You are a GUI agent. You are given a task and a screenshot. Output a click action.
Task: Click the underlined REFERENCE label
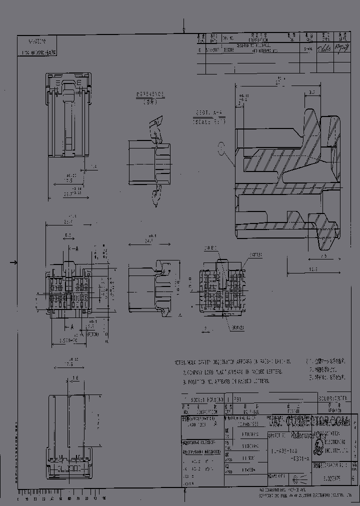(150, 94)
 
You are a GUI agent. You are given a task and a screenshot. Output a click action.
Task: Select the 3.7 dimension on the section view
(310, 92)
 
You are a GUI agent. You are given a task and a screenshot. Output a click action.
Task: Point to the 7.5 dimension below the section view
(324, 256)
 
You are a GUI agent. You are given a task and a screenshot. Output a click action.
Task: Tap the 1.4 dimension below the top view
(93, 166)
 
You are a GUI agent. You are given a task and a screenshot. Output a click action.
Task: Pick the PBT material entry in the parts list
(237, 400)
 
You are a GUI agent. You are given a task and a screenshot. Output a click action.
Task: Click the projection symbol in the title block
(294, 478)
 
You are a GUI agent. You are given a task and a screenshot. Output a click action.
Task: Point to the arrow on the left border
(14, 262)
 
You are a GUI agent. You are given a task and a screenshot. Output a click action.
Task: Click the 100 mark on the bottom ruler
(103, 498)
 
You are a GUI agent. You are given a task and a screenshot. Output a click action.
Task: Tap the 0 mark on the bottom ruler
(18, 498)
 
